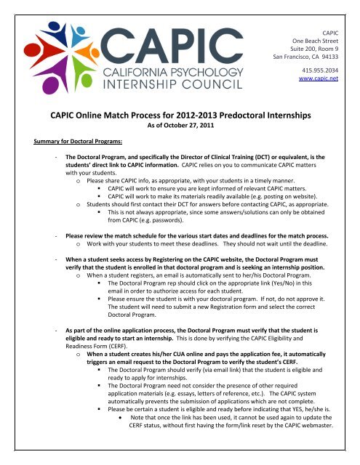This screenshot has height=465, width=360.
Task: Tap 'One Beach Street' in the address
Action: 321,35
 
